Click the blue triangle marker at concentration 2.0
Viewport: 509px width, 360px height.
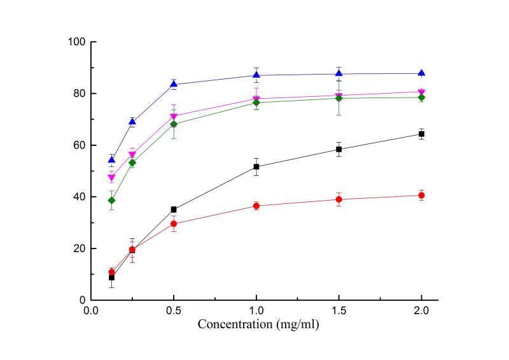[x=421, y=73]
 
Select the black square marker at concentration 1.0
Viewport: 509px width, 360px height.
[x=256, y=167]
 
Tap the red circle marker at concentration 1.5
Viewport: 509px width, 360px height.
[x=339, y=199]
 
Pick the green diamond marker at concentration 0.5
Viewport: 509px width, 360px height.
[x=174, y=124]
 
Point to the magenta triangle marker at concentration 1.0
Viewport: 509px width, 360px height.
[x=256, y=99]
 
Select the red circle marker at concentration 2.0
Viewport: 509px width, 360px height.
[x=421, y=196]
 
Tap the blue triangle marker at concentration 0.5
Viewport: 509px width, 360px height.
[x=174, y=84]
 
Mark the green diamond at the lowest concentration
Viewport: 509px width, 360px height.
[x=111, y=200]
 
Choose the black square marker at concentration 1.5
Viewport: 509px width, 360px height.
[x=339, y=149]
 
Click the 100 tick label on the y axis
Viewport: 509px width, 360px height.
[x=79, y=42]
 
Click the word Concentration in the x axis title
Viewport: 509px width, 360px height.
[x=235, y=324]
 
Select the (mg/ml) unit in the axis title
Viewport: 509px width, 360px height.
[x=297, y=324]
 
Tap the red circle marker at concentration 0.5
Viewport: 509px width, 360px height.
[x=174, y=224]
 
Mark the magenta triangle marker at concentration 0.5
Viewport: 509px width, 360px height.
[x=174, y=117]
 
